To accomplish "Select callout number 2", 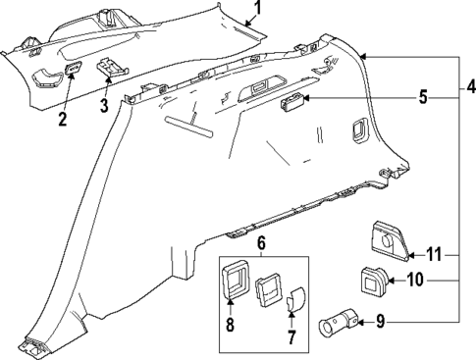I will pyautogui.click(x=61, y=120).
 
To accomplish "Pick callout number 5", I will pyautogui.click(x=423, y=98).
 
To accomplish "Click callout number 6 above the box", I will pyautogui.click(x=260, y=243).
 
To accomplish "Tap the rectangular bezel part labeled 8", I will pyautogui.click(x=236, y=285).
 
